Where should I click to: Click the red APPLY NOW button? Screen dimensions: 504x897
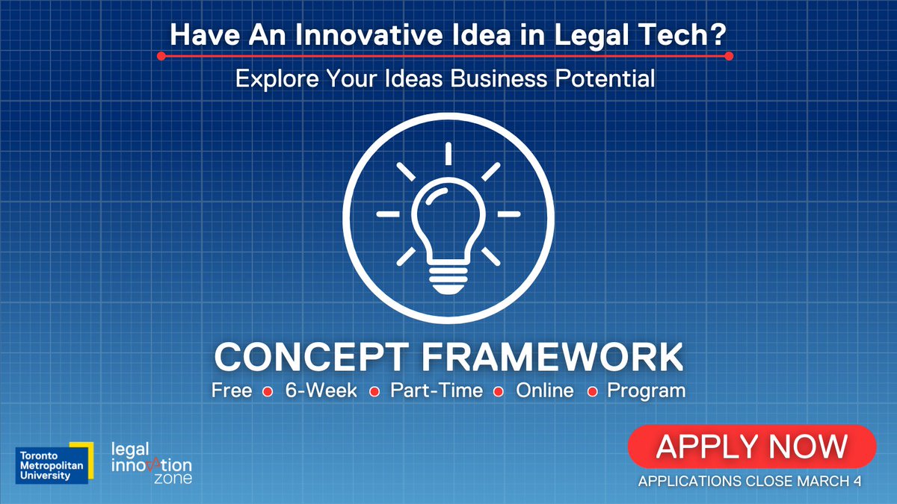click(x=752, y=447)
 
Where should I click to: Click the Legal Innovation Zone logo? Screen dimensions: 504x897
click(x=150, y=462)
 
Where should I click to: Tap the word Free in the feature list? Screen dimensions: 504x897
click(x=232, y=391)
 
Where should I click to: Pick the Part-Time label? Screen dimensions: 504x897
click(x=437, y=391)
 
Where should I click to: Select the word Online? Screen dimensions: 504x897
click(x=545, y=391)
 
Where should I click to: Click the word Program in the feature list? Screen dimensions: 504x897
click(x=646, y=391)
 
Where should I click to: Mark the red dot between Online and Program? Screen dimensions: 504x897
click(x=591, y=391)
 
